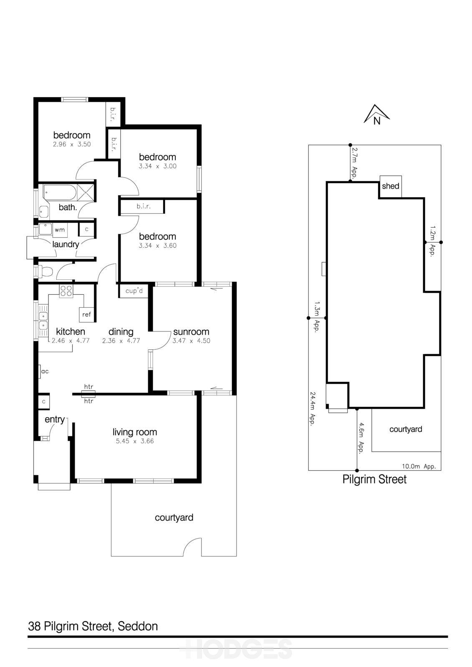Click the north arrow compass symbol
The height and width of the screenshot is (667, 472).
coord(376,115)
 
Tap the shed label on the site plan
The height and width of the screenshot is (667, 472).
coord(391,186)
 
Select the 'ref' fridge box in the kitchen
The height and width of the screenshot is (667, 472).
coord(86,314)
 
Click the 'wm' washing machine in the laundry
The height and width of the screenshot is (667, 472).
coord(59,230)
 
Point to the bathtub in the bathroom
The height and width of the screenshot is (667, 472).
coord(60,193)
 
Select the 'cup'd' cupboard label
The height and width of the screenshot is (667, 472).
coord(134,291)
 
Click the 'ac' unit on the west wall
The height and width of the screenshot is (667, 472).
coord(44,371)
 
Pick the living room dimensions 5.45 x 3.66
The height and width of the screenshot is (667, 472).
coord(135,441)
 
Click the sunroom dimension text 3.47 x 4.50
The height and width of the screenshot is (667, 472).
coord(191,341)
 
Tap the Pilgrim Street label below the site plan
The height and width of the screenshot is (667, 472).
coord(374,479)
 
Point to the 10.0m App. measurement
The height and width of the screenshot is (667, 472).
coord(419,466)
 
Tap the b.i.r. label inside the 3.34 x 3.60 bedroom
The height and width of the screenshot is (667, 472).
coord(143,206)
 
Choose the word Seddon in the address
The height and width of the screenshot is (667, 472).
coord(138,626)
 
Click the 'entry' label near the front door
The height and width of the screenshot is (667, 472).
coord(55,419)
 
